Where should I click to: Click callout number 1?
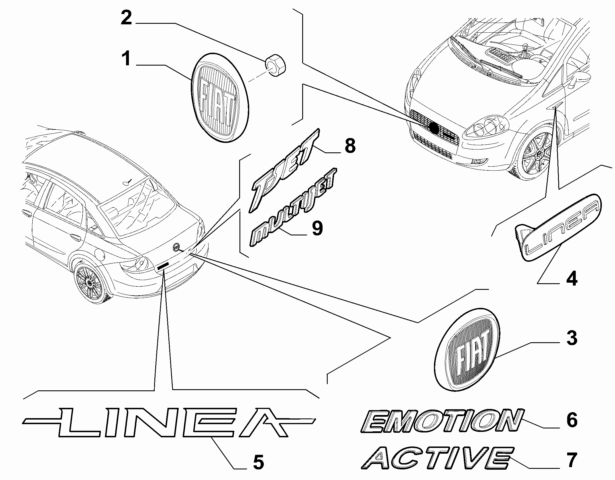126,59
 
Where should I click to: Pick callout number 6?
572,420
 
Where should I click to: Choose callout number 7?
572,460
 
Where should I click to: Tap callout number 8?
349,145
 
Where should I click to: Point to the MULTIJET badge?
293,207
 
